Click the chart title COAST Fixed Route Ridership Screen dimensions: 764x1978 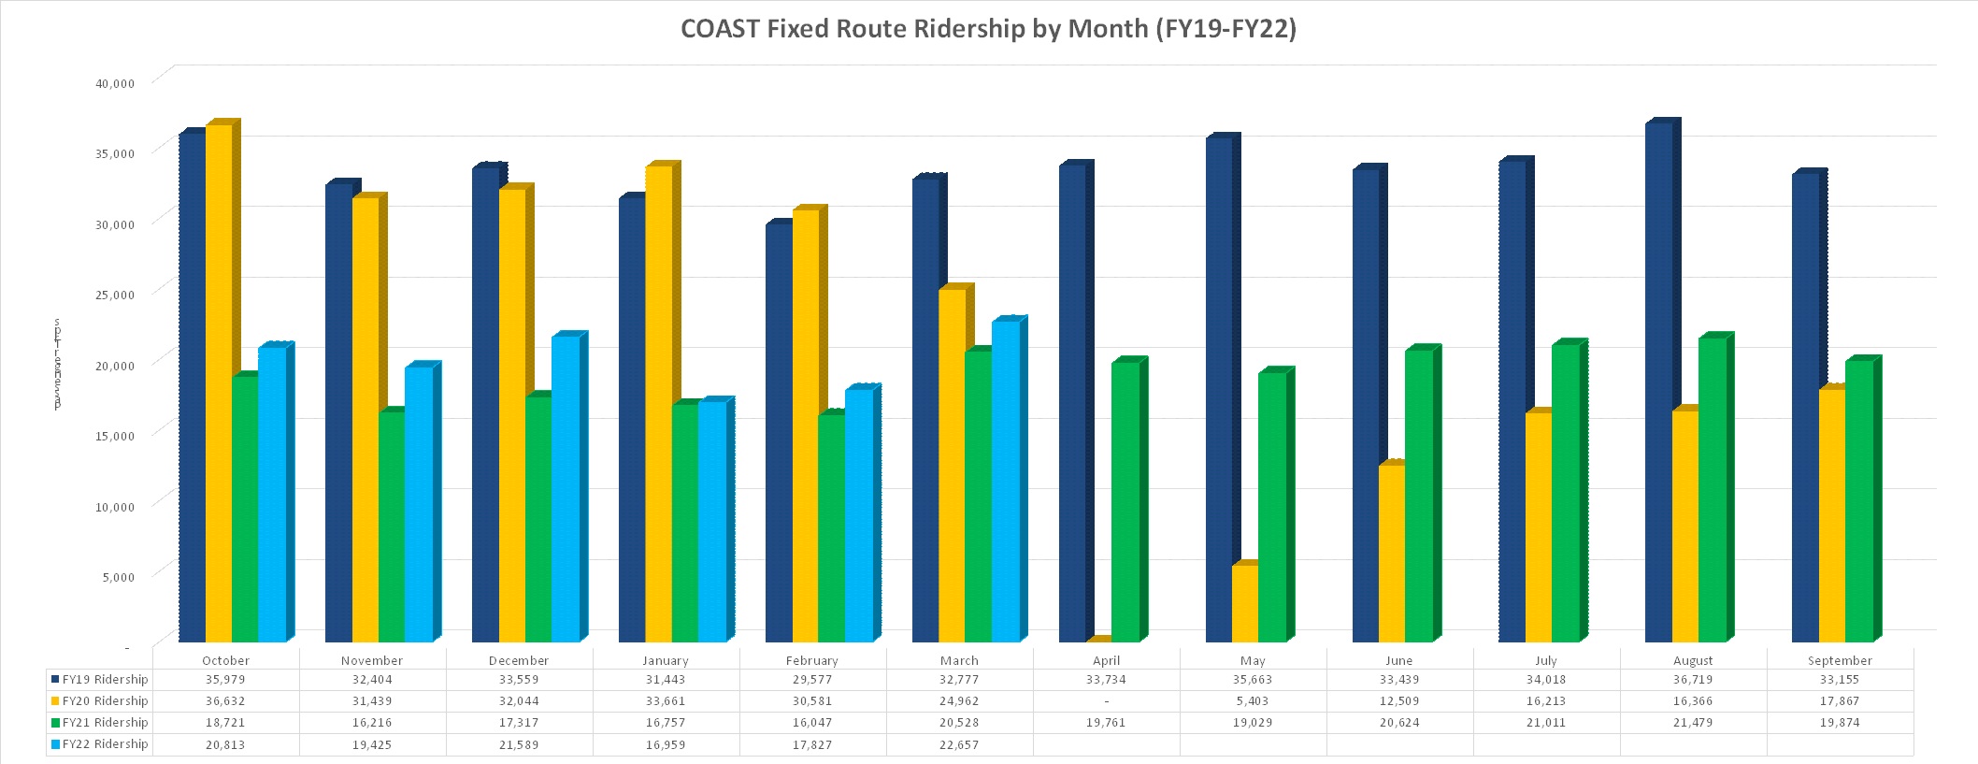coord(988,29)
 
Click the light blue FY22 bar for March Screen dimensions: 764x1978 coord(1005,481)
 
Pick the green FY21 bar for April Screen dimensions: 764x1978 coord(1125,501)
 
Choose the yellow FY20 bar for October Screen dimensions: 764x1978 coord(219,383)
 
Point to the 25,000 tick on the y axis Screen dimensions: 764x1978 coord(116,295)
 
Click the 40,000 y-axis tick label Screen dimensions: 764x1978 coord(116,83)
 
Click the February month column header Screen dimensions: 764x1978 coord(811,660)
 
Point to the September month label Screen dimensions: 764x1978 coord(1840,660)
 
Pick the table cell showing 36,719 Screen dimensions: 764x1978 coord(1693,680)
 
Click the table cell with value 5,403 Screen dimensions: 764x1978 coord(1253,701)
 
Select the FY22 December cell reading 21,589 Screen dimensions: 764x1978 coord(519,745)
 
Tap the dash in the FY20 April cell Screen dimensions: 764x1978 coord(1106,701)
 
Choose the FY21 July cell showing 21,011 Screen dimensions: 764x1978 coord(1546,723)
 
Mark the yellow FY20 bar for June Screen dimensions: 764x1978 coord(1391,553)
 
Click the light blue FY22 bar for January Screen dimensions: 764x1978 coord(711,522)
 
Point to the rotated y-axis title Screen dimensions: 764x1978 coord(58,364)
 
